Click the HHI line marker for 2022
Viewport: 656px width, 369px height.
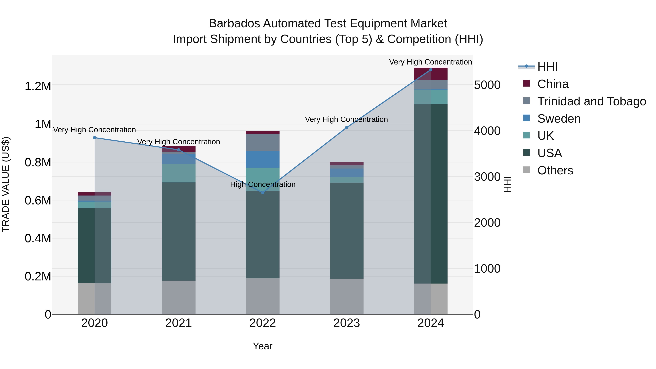(x=263, y=193)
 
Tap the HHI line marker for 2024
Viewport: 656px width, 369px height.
(x=431, y=70)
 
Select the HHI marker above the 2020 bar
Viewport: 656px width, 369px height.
(x=94, y=138)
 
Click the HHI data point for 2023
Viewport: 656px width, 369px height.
(x=347, y=128)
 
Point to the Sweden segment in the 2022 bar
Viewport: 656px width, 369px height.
(x=263, y=159)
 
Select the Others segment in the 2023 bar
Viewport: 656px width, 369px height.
(x=347, y=296)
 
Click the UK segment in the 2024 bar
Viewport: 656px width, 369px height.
(x=431, y=97)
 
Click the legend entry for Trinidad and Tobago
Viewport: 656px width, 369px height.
(x=591, y=101)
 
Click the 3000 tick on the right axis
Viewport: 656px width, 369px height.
(x=487, y=177)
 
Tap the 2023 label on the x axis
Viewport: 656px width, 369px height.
(x=347, y=323)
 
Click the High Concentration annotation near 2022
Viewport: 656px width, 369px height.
(x=263, y=184)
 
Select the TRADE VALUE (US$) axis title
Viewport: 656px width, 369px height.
(x=6, y=184)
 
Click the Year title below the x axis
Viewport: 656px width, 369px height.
(x=263, y=346)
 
